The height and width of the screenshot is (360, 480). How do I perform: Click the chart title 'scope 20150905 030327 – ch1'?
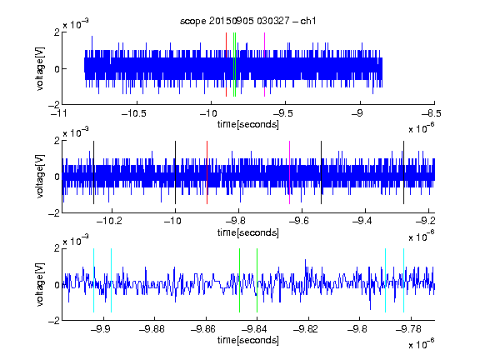248,21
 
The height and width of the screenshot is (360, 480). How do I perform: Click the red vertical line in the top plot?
226,65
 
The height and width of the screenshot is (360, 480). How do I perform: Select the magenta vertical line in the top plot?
264,65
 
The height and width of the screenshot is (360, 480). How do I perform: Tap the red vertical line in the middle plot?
207,172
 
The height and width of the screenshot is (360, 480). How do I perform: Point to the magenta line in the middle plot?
290,172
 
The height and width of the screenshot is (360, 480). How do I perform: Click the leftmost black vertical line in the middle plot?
93,172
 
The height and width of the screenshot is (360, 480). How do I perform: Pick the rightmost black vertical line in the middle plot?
404,172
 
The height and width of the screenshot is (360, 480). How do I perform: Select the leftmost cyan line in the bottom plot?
93,280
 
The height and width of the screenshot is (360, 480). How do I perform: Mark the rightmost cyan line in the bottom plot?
404,280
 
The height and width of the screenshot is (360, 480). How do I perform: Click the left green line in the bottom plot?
239,280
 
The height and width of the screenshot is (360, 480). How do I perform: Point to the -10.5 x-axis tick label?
134,113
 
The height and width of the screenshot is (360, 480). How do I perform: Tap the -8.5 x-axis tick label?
432,113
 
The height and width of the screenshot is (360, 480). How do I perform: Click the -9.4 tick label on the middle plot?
362,220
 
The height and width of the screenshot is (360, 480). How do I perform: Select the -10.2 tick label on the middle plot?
109,220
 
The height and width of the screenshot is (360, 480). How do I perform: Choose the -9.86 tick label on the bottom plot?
203,329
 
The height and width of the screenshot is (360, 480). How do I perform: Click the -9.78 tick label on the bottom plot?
408,329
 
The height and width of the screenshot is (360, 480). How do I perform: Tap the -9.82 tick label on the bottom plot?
306,329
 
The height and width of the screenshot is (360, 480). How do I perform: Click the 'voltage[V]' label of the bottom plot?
40,285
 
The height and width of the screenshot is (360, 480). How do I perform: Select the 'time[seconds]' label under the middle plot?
248,232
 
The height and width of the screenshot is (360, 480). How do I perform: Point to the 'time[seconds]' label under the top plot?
248,124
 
